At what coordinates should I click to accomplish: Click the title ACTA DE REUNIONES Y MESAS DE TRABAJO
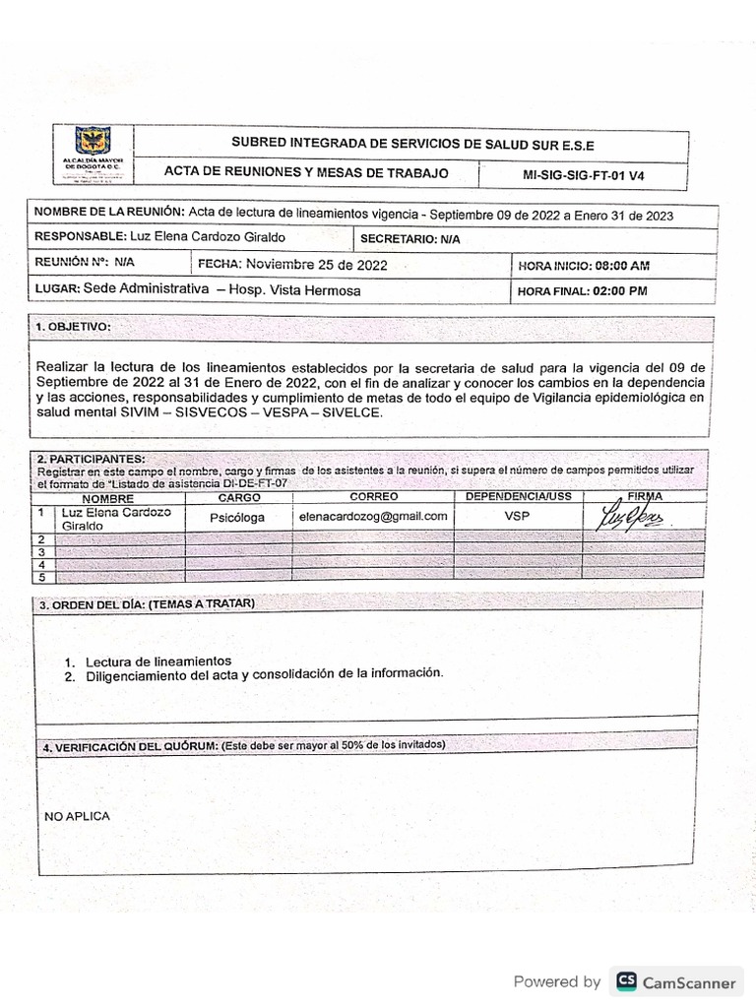point(306,173)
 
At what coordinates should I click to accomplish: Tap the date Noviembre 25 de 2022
point(316,265)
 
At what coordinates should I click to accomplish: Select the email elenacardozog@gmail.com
point(373,517)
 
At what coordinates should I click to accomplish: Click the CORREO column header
point(373,498)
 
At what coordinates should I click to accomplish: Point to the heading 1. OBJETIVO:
point(74,326)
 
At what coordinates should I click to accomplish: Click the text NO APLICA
point(78,816)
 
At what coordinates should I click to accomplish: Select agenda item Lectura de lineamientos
point(158,661)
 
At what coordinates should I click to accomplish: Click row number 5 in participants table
point(41,577)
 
